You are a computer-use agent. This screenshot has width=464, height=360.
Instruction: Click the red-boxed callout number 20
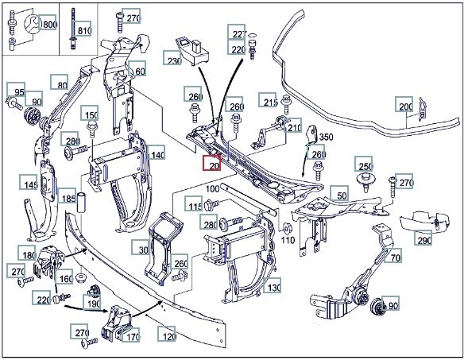212,163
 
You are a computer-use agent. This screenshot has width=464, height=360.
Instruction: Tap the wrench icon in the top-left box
33,24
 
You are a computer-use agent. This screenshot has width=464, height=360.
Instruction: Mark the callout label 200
404,104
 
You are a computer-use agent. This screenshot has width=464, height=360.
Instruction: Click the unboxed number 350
327,137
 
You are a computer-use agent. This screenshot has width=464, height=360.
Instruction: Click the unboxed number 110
288,240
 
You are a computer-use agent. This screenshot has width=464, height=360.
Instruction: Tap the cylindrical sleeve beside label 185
81,202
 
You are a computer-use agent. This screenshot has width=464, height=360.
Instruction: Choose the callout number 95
16,90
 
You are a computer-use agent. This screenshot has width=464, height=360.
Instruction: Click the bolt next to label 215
286,104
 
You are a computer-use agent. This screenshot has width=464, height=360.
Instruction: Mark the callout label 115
194,203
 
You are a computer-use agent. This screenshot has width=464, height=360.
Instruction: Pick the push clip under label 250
366,181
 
